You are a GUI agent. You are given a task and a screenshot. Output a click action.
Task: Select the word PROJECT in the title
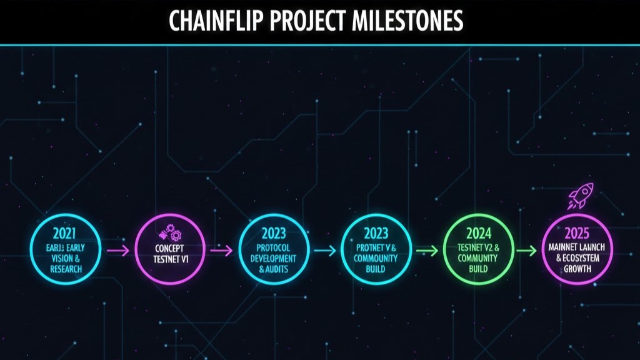pyautogui.click(x=308, y=21)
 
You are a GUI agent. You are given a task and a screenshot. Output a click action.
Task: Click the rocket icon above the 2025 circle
pyautogui.click(x=581, y=197)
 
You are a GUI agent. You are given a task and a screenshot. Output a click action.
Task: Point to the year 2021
pyautogui.click(x=64, y=234)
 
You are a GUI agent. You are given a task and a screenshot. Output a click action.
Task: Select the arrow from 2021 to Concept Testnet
pyautogui.click(x=117, y=251)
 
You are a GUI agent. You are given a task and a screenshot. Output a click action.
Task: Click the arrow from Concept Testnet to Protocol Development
pyautogui.click(x=220, y=251)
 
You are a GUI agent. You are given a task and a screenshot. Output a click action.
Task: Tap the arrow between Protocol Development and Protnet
pyautogui.click(x=324, y=251)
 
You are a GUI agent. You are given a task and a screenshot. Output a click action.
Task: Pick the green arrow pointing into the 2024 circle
pyautogui.click(x=426, y=251)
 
